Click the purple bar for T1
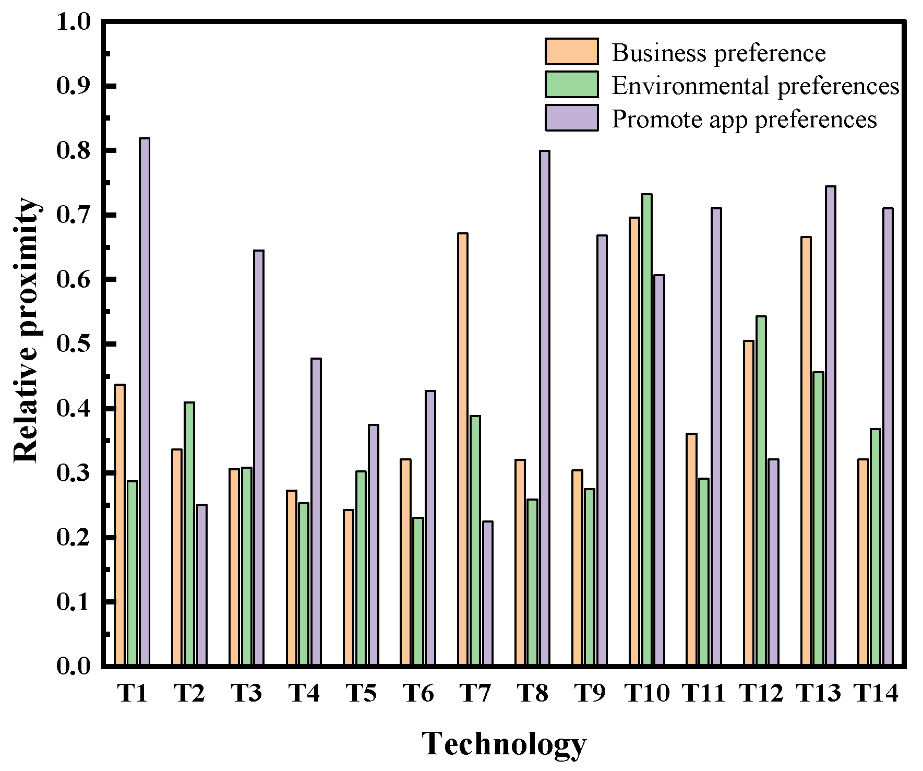pos(145,402)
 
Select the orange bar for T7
pos(462,449)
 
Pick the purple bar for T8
pos(544,408)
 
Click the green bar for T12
pos(761,491)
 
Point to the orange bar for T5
pos(348,587)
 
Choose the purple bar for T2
pos(202,585)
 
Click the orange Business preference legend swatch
pos(571,51)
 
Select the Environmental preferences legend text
pos(755,86)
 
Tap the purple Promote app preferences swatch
pos(571,117)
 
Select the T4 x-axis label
pos(304,694)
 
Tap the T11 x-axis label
pos(704,694)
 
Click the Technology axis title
pos(504,743)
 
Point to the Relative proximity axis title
pos(26,330)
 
